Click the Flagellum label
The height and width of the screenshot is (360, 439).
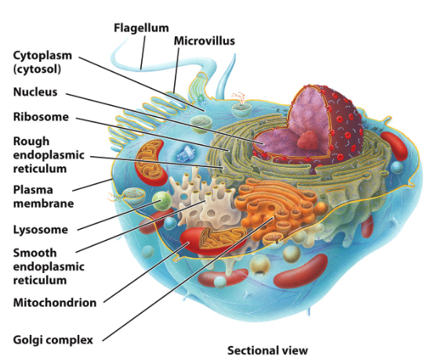(x=141, y=28)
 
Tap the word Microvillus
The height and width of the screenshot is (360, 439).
(x=204, y=41)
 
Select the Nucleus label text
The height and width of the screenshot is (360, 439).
(x=35, y=92)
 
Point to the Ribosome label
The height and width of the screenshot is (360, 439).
(x=41, y=117)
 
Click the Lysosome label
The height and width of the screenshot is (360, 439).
(x=41, y=230)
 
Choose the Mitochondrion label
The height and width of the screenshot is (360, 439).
(x=55, y=303)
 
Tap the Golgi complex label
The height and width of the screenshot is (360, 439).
(x=53, y=340)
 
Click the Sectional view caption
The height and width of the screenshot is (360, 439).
(x=267, y=351)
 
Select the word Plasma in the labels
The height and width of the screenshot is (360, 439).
(x=33, y=190)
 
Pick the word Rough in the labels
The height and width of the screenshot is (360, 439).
(x=31, y=141)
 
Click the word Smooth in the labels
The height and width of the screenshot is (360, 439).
(x=34, y=253)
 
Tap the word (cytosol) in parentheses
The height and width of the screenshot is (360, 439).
(x=37, y=69)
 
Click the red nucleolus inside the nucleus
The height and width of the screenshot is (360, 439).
(x=307, y=140)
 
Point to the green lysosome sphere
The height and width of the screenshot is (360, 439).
(x=161, y=201)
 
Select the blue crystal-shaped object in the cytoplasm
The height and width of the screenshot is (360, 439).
(x=185, y=154)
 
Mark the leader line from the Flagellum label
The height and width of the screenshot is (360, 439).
(x=143, y=53)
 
